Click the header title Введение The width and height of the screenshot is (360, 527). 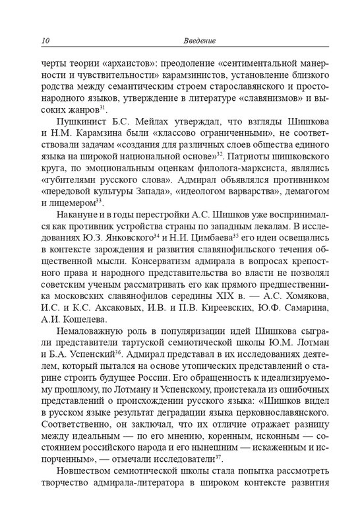[198, 42]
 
